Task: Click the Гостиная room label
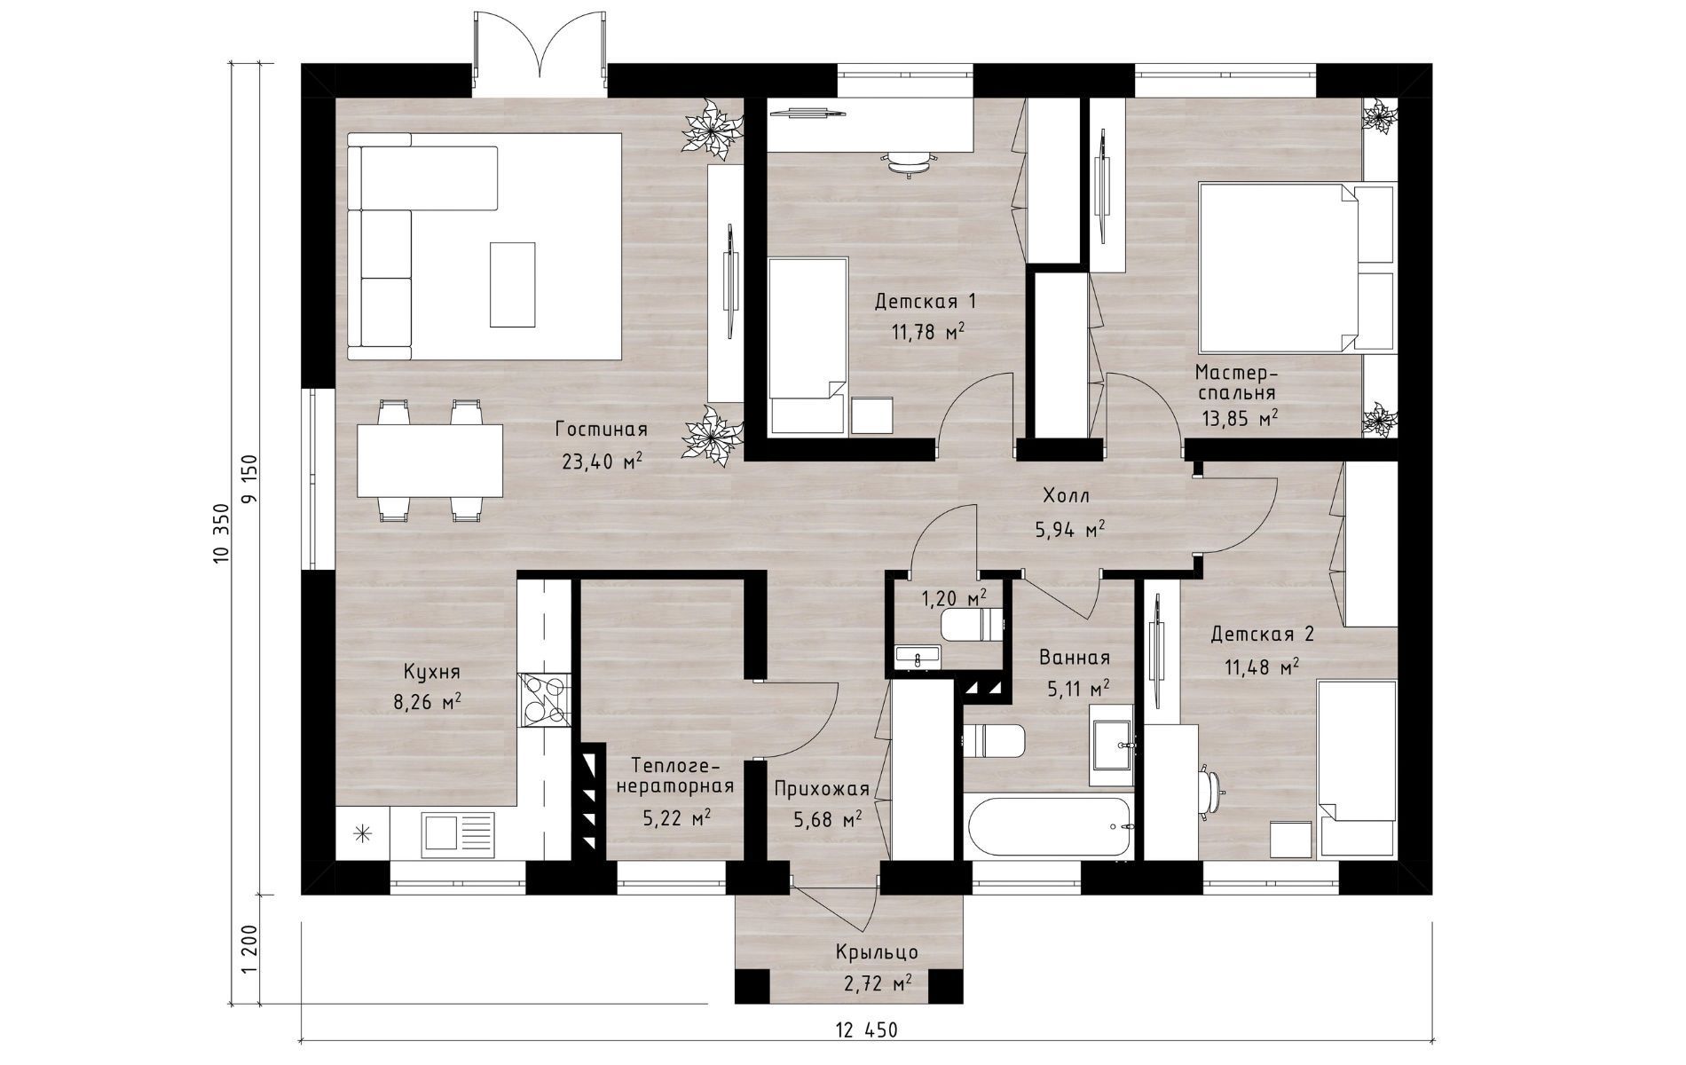pyautogui.click(x=601, y=430)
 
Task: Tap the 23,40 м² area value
pyautogui.click(x=601, y=461)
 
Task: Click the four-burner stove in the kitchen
pyautogui.click(x=543, y=700)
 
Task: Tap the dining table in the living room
pyautogui.click(x=429, y=461)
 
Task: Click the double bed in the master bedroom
pyautogui.click(x=1297, y=267)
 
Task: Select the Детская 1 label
pyautogui.click(x=926, y=302)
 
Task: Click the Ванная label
pyautogui.click(x=1075, y=658)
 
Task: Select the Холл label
pyautogui.click(x=1066, y=496)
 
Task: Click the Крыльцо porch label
pyautogui.click(x=877, y=952)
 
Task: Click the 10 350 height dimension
pyautogui.click(x=222, y=532)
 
